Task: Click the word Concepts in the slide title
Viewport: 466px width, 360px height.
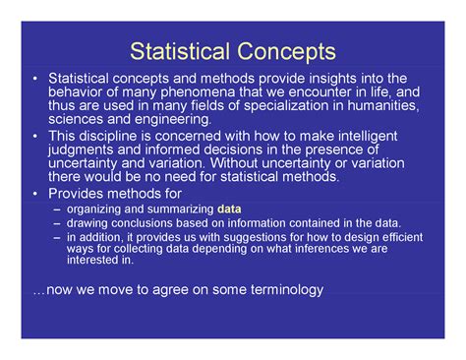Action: click(281, 51)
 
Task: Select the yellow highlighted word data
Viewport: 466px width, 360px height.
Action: click(229, 210)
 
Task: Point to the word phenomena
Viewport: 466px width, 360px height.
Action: click(182, 91)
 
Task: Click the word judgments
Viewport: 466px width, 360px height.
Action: click(86, 150)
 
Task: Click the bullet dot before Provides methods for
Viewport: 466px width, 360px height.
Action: click(35, 194)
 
